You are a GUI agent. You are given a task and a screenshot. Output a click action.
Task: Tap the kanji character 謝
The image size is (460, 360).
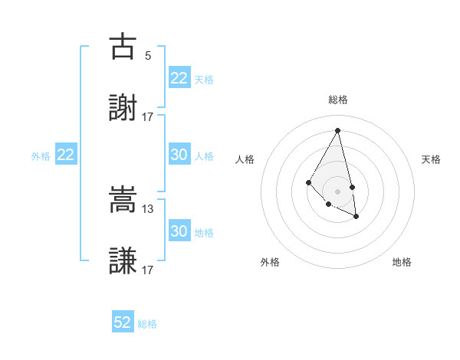[x=123, y=109]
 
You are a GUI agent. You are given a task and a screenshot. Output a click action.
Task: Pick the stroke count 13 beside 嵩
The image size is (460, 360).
[x=148, y=208]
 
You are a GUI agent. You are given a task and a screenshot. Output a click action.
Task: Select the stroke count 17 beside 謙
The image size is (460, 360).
[x=148, y=270]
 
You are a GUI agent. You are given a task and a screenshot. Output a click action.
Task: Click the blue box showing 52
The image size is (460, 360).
[x=123, y=322]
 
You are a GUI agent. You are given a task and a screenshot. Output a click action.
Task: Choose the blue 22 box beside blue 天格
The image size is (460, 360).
[x=179, y=78]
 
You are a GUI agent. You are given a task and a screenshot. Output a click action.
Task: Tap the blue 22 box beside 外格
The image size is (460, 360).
[x=66, y=155]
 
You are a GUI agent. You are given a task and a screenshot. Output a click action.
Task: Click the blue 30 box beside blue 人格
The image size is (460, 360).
[x=179, y=155]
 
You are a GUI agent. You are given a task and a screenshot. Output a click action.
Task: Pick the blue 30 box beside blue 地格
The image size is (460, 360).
[x=179, y=231]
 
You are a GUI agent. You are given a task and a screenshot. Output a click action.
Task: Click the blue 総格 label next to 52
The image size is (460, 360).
[x=147, y=324]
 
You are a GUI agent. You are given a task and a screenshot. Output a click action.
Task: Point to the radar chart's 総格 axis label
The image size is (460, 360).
[x=338, y=100]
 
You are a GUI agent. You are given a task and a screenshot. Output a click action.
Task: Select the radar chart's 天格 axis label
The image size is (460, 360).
[x=431, y=159]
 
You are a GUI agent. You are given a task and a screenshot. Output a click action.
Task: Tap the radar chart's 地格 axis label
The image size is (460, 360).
[x=402, y=262]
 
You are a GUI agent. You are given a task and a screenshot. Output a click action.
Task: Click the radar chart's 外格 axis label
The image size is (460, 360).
[x=270, y=262]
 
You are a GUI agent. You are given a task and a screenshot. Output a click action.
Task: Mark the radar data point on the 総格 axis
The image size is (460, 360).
[x=338, y=130]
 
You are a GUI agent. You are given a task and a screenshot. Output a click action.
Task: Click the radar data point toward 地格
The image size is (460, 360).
[x=356, y=217]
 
